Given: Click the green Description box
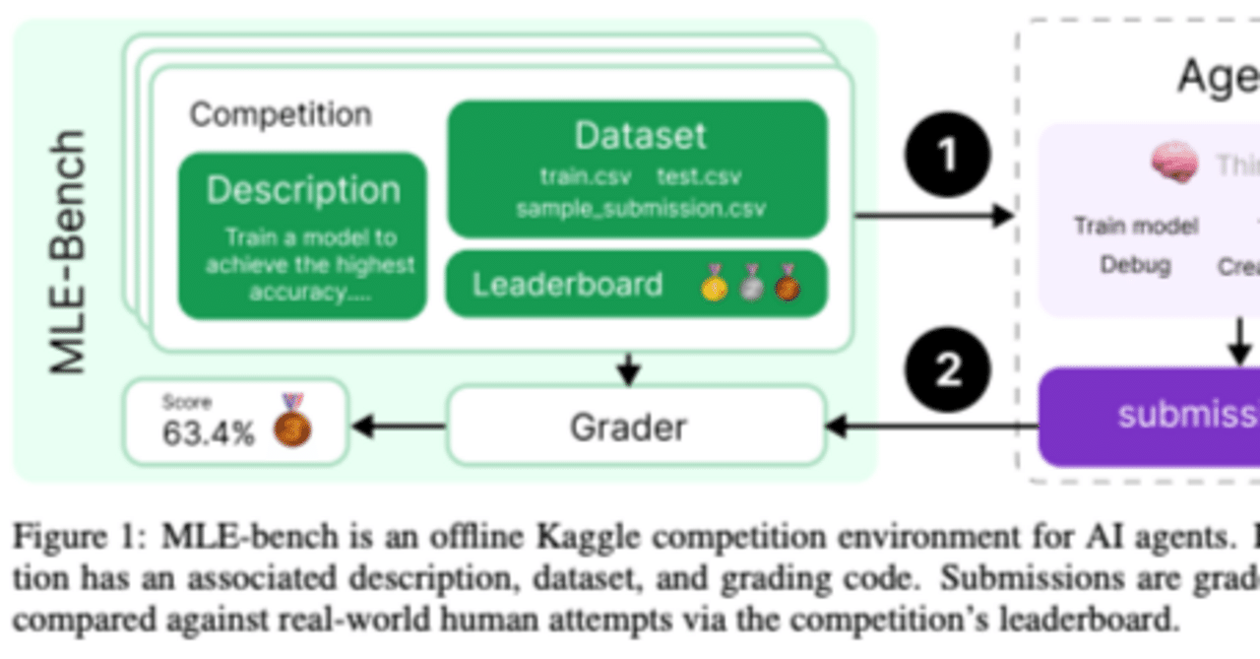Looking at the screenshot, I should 302,236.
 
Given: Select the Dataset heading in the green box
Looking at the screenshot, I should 640,136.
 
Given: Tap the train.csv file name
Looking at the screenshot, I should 579,177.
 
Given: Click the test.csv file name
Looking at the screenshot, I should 700,177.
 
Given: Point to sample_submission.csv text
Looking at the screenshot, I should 640,209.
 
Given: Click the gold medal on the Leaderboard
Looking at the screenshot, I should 715,285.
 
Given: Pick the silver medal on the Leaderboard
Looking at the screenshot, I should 751,285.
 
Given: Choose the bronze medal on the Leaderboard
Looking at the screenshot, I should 787,285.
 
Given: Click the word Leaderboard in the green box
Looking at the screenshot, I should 567,285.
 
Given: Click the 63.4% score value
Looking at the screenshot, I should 208,432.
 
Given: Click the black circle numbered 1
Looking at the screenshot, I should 946,155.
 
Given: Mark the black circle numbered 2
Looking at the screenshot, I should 947,370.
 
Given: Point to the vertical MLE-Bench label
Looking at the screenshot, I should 69,251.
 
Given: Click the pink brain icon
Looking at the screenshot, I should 1174,162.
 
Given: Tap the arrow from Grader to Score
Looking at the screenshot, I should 399,427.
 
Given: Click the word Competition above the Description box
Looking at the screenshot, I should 281,114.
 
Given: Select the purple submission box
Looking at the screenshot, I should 1152,417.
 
